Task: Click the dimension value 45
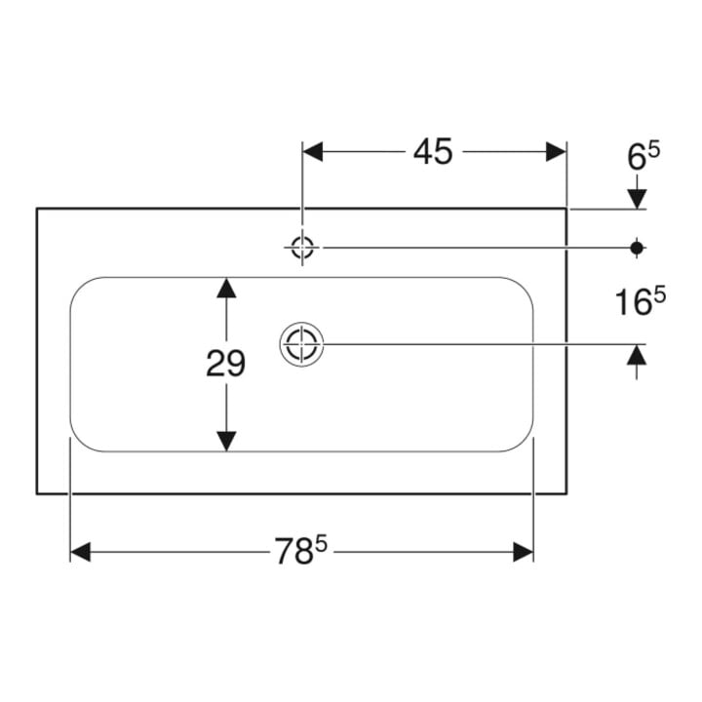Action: [x=433, y=152]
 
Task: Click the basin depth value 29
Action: [x=225, y=364]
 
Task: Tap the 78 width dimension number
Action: [x=293, y=552]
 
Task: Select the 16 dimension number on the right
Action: [x=633, y=302]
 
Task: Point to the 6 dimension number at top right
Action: [x=636, y=158]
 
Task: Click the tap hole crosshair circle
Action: [x=302, y=247]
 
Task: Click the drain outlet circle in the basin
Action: [x=301, y=344]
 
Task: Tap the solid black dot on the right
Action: [x=637, y=248]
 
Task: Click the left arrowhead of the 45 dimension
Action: [x=313, y=152]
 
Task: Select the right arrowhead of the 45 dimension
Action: [x=556, y=152]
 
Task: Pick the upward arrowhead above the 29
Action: [x=226, y=288]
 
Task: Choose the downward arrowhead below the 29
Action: [x=226, y=442]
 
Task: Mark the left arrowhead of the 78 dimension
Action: [x=81, y=552]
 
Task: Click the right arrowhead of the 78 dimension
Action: [x=523, y=552]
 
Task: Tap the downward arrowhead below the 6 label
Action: [x=637, y=199]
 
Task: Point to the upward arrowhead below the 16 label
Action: [x=637, y=355]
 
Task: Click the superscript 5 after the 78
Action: [x=321, y=544]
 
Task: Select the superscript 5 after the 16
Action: [x=660, y=295]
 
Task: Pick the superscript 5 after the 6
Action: [x=653, y=150]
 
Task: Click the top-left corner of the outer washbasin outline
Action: [x=37, y=209]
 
